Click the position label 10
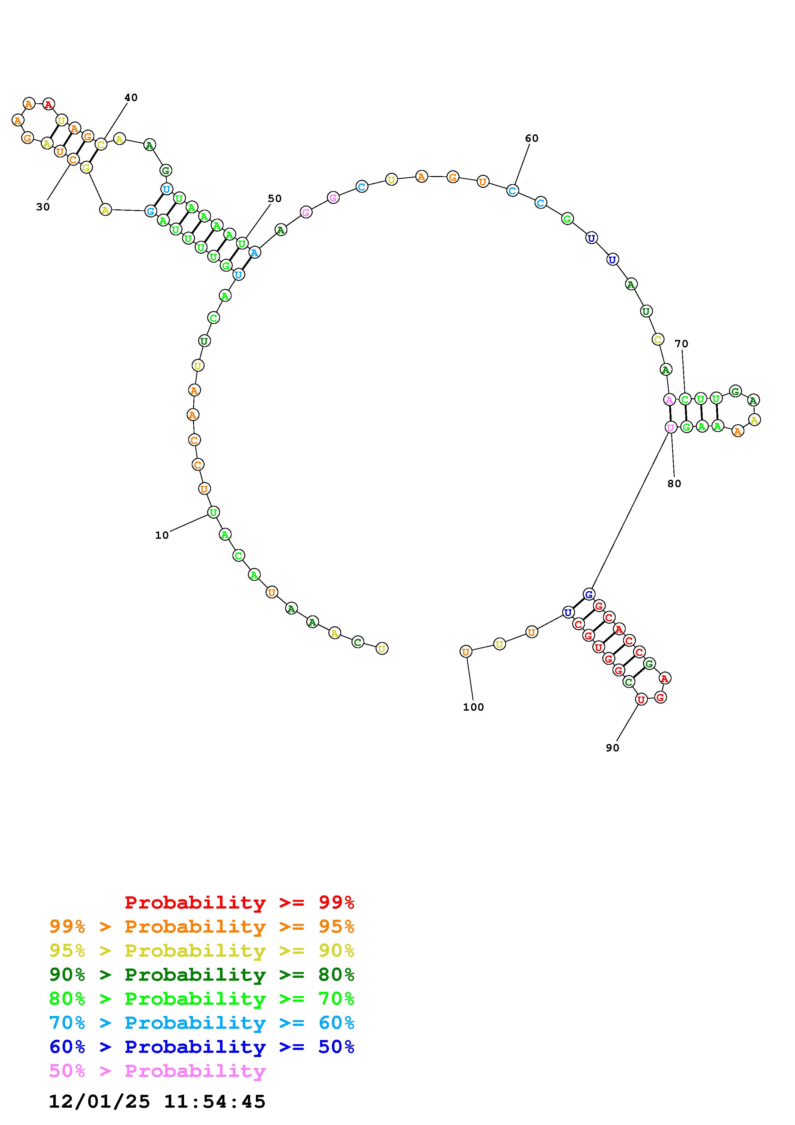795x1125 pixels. (162, 536)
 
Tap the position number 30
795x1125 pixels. (43, 207)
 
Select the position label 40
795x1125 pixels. (131, 97)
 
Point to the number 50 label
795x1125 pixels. (275, 199)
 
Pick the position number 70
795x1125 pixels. (681, 344)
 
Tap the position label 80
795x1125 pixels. (674, 484)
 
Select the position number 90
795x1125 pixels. (612, 748)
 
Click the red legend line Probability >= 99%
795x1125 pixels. (240, 902)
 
